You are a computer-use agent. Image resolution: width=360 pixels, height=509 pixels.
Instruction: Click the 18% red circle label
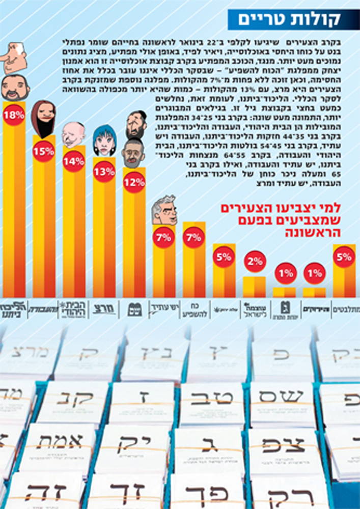coord(14,115)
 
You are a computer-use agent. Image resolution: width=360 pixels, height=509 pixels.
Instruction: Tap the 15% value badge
coord(44,151)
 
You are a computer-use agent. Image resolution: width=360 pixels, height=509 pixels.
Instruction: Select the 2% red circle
coord(254,262)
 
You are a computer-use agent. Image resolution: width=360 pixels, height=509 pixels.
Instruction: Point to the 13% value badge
coord(104,172)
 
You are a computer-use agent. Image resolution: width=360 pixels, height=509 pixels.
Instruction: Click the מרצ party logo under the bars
coord(104,308)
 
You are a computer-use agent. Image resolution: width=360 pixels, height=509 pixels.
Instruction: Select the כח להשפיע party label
coord(190,308)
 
